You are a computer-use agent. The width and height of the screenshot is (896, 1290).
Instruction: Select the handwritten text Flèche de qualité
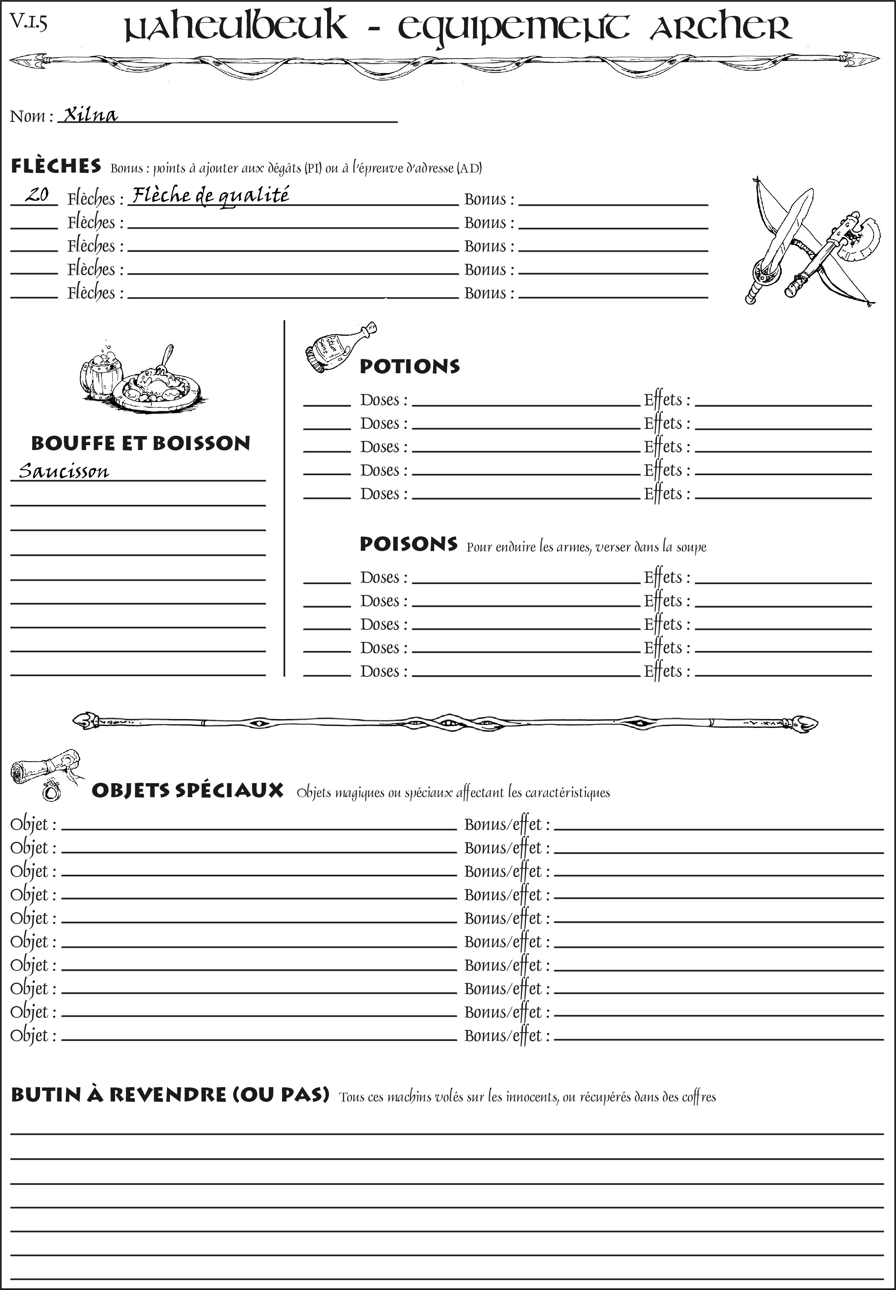[210, 195]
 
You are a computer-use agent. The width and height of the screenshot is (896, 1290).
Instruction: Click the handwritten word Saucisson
[64, 471]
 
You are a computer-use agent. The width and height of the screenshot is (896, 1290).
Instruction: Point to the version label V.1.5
[28, 22]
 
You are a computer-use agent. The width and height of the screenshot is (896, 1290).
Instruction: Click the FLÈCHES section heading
[56, 166]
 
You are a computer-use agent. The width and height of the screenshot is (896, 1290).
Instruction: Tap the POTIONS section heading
[409, 366]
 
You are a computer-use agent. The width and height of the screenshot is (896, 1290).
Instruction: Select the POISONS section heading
[408, 544]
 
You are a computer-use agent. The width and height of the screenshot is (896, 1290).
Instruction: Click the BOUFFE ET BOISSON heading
[140, 443]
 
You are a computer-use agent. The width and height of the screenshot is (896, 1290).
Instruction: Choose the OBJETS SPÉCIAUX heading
[187, 790]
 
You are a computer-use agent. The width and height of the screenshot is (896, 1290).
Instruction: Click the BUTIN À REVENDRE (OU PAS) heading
[170, 1095]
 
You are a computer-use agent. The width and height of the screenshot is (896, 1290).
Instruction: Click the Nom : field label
[31, 116]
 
